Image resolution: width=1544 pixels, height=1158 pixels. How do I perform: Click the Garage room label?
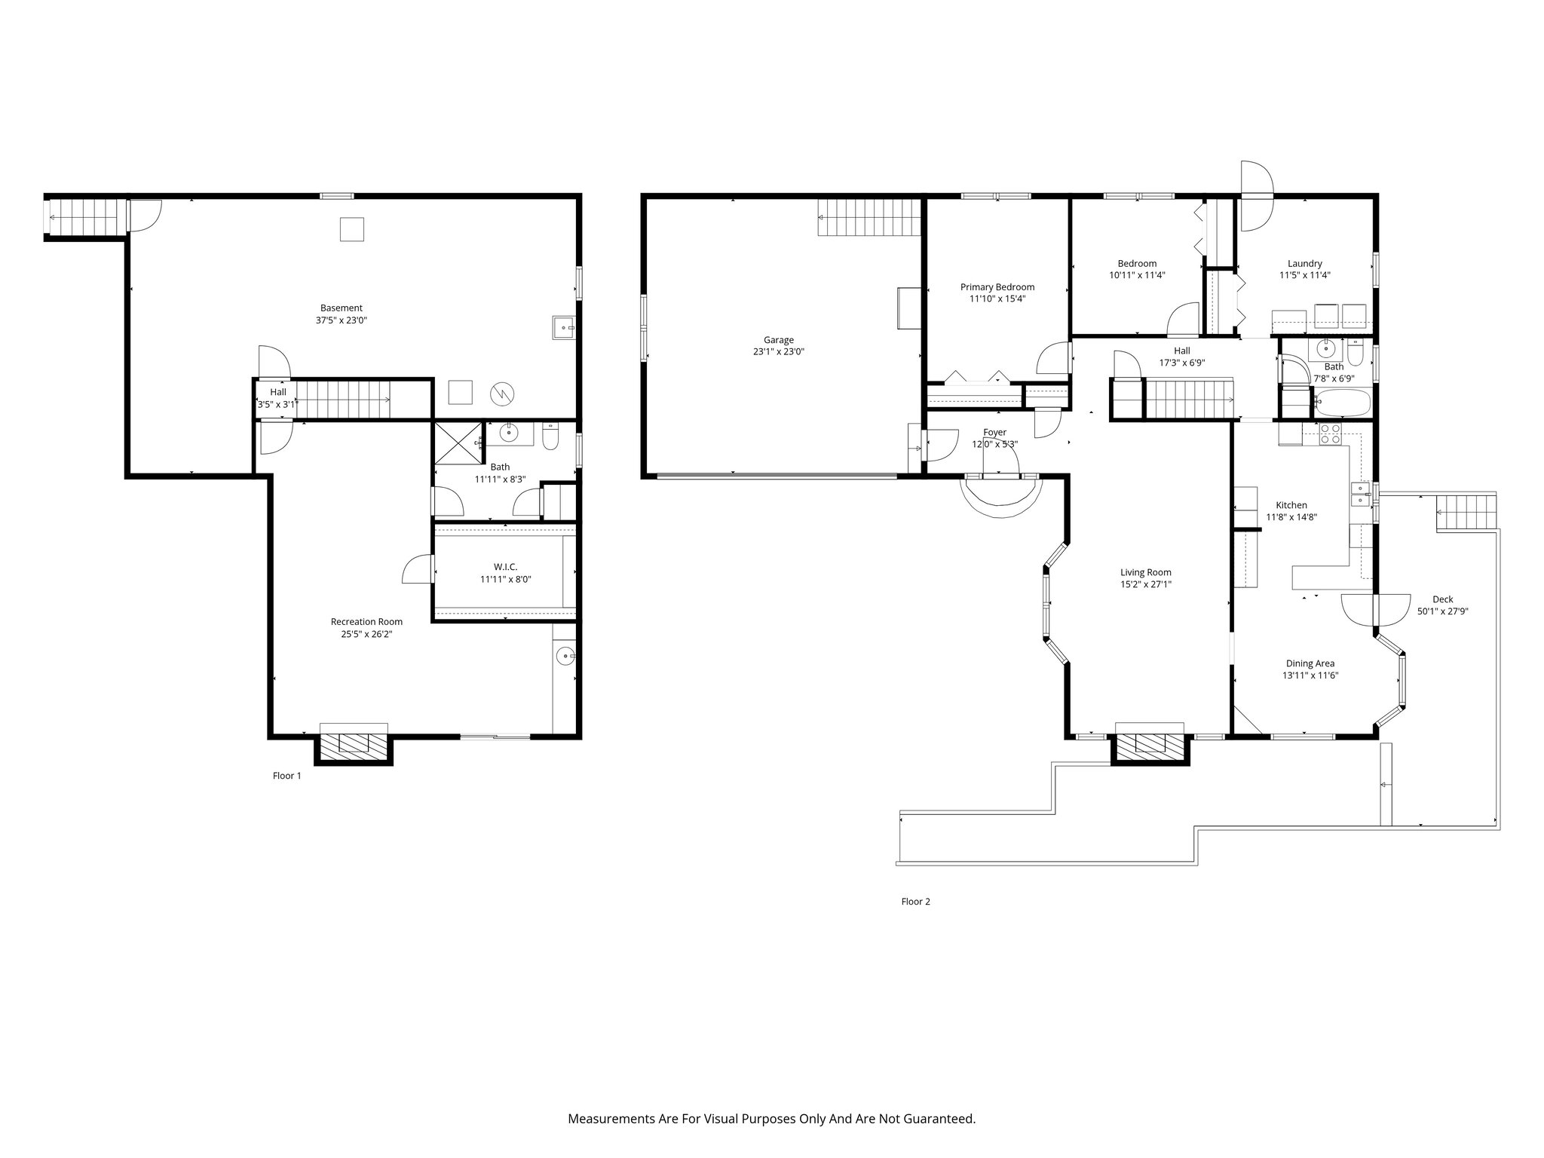[779, 340]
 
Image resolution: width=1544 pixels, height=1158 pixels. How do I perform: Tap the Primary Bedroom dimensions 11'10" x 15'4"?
[997, 299]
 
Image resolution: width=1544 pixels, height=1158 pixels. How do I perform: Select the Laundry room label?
[1304, 264]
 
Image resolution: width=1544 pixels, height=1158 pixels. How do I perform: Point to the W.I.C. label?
[505, 567]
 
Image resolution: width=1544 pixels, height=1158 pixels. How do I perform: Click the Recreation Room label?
[366, 622]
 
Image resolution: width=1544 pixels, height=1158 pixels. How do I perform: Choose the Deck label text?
[1442, 599]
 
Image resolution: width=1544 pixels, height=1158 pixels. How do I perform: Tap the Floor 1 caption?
[286, 776]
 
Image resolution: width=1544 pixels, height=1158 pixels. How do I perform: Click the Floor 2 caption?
[915, 902]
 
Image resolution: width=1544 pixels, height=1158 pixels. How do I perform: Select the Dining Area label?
[1310, 663]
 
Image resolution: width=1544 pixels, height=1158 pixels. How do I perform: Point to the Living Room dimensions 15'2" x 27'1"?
[1146, 584]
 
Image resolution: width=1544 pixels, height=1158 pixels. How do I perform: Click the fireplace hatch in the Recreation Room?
[354, 743]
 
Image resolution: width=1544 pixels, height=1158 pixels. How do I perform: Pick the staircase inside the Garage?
[870, 217]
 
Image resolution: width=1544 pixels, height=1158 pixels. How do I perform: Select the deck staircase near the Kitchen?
[1465, 513]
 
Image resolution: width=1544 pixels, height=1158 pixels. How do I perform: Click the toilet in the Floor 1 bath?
[550, 437]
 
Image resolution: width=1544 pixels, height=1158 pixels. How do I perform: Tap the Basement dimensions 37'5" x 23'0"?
[342, 320]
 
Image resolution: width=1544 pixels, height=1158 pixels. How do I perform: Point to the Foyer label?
[994, 433]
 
